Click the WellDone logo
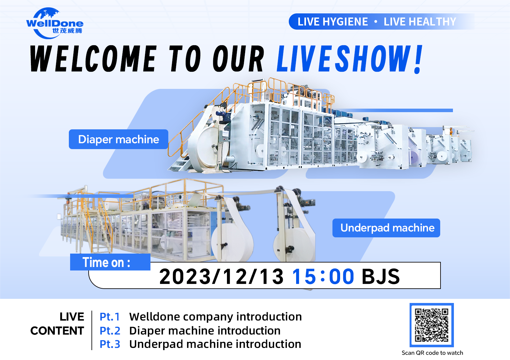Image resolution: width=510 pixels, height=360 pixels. tap(55, 23)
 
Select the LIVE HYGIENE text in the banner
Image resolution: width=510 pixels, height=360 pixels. tap(333, 22)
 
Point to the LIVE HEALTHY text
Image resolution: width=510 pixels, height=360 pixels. tap(419, 22)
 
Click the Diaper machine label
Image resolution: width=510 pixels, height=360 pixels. tap(118, 139)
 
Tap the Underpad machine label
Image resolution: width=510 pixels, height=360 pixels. tap(386, 228)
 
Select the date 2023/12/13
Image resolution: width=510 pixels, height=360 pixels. tap(221, 276)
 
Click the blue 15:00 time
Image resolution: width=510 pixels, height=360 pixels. tap(323, 276)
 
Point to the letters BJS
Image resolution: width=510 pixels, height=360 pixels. tap(381, 276)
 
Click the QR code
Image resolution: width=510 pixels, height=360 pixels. tap(432, 325)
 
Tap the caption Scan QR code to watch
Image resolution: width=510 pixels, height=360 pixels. tap(432, 353)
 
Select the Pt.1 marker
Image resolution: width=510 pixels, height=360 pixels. tap(110, 317)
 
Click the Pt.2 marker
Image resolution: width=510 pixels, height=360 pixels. tap(110, 331)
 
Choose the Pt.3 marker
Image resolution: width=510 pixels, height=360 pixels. tap(110, 344)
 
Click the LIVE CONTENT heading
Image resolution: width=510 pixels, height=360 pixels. tap(57, 324)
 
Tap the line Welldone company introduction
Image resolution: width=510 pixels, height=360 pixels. tap(215, 317)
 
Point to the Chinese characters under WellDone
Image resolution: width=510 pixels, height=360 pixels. tap(67, 31)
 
